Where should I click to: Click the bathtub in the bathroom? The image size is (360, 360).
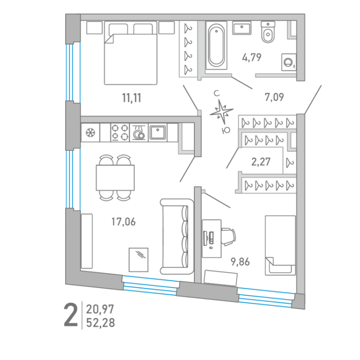tap(217, 45)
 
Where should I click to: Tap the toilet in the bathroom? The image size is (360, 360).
tap(268, 32)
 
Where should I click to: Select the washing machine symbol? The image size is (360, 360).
tap(289, 62)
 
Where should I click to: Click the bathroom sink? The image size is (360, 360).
tap(242, 28)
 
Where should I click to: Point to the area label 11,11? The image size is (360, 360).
tap(132, 98)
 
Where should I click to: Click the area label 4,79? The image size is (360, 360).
tap(251, 57)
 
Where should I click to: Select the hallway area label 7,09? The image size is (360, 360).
tap(274, 97)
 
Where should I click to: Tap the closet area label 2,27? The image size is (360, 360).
tap(261, 162)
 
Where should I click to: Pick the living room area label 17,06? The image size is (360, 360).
tap(123, 222)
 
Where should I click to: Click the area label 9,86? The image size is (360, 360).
tap(240, 262)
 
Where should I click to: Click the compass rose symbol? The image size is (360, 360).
tap(221, 112)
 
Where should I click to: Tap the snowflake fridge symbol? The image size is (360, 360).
tap(91, 133)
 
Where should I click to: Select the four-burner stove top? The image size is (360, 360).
tap(120, 133)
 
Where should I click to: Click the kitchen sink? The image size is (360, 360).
tap(157, 133)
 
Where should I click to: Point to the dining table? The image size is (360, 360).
tap(115, 178)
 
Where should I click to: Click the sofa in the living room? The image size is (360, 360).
tap(177, 237)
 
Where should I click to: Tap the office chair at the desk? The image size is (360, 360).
tap(228, 237)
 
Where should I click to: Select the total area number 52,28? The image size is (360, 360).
tap(100, 323)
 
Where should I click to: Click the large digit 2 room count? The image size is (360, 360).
tap(71, 315)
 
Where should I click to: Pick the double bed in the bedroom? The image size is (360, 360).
tap(131, 53)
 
